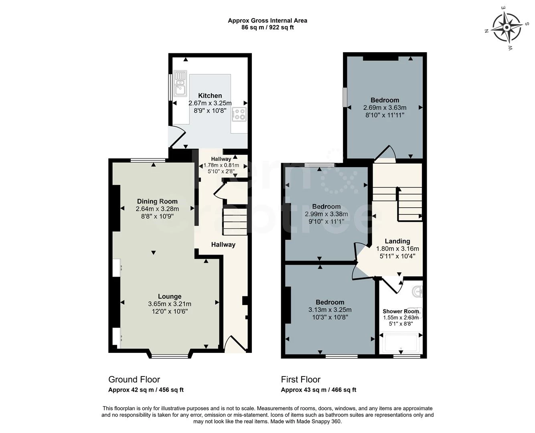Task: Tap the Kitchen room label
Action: pos(210,96)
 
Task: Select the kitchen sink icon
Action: pos(180,83)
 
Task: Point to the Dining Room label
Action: pos(157,201)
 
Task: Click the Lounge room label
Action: pos(170,296)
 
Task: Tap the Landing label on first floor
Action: pos(397,241)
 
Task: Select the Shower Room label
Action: pos(401,311)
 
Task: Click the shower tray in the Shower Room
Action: pos(401,343)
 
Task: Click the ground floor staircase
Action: pos(235,222)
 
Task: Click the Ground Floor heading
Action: pos(134,380)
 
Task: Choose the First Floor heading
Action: pos(301,380)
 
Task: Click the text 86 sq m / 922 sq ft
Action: pos(267,27)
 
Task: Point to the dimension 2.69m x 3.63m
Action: pos(385,108)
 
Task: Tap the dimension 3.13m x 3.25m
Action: pos(330,310)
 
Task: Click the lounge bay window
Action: pos(170,356)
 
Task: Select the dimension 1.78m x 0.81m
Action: pos(221,166)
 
